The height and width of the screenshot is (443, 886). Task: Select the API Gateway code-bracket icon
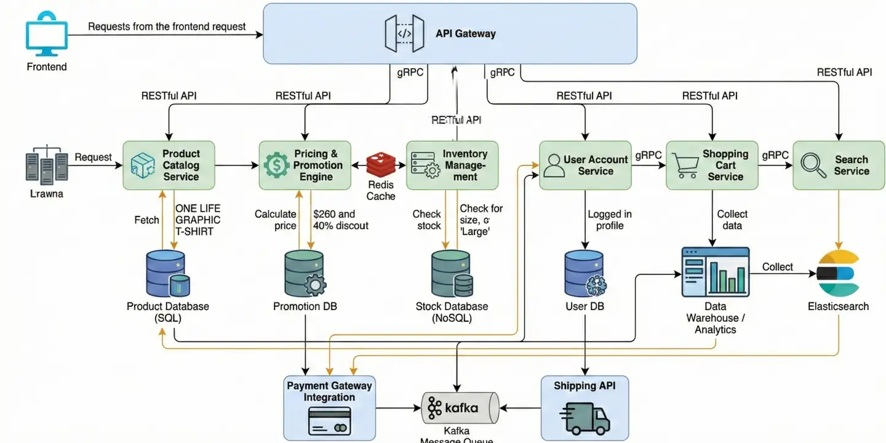coord(404,33)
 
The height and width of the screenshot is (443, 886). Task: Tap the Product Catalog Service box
coord(169,165)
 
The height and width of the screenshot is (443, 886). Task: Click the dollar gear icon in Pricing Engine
coord(276,165)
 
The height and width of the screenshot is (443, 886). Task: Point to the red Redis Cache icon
coord(380,165)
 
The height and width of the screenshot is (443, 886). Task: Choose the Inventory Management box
coord(452,165)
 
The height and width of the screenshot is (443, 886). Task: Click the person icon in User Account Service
coord(554,165)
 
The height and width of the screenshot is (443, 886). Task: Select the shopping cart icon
coord(685,165)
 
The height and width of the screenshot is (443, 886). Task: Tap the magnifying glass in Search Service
coord(814,164)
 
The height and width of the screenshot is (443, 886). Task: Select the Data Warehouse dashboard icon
coord(715,272)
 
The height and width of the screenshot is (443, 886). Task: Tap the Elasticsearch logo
coord(837,274)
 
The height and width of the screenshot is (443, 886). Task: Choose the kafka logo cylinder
coord(459,407)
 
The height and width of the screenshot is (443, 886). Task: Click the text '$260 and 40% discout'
coord(340,220)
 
